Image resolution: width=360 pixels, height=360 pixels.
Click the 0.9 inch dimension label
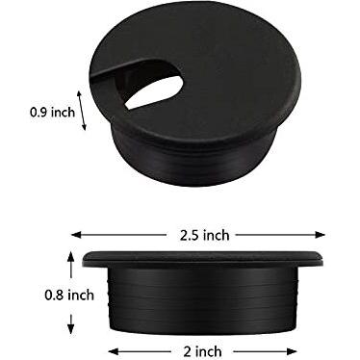point(52,113)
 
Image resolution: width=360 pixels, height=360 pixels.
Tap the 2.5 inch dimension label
point(204,235)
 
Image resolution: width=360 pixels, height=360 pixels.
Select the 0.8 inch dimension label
point(69,295)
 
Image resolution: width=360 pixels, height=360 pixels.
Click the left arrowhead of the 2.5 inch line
point(76,235)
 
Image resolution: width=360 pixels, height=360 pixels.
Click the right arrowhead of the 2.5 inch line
point(321,235)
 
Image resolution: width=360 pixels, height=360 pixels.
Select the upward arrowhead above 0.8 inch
point(71,257)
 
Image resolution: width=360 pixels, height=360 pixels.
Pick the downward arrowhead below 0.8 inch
point(71,328)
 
